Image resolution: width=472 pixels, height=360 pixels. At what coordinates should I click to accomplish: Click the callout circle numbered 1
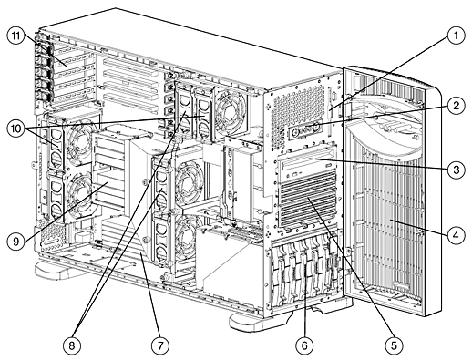[x=456, y=36]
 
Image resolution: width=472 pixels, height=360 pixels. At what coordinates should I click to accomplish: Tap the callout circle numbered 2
[x=456, y=106]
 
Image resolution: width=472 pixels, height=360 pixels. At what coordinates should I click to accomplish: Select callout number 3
[x=456, y=170]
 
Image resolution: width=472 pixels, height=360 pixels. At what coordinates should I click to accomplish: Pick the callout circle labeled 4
[x=456, y=235]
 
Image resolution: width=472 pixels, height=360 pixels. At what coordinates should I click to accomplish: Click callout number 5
[x=394, y=345]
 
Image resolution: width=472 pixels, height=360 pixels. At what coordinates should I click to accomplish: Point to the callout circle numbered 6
[x=304, y=345]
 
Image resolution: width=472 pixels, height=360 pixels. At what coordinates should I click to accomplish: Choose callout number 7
[x=160, y=345]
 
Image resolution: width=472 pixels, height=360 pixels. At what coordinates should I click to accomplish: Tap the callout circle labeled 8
[x=72, y=345]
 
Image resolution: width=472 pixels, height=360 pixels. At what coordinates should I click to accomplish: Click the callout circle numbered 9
[x=16, y=242]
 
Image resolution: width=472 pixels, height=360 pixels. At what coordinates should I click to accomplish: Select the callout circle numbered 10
[x=16, y=129]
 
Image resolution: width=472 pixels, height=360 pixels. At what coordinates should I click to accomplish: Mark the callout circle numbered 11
[x=16, y=36]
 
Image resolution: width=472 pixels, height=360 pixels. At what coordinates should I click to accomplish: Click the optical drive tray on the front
[x=307, y=166]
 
